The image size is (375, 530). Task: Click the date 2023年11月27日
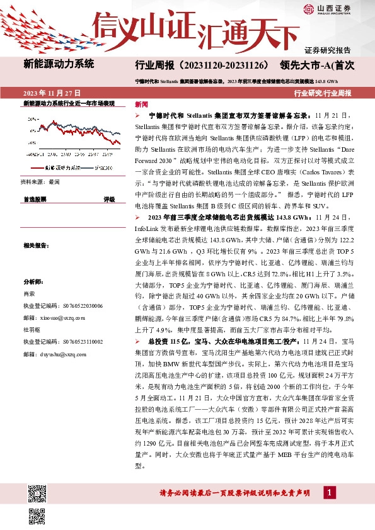[x=50, y=93]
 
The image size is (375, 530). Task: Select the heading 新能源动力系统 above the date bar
[x=59, y=64]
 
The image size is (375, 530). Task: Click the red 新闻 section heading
[x=142, y=104]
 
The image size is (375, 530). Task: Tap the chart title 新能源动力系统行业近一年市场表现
[x=69, y=103]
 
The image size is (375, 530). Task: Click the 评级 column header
[x=109, y=199]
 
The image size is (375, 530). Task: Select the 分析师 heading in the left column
[x=32, y=282]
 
